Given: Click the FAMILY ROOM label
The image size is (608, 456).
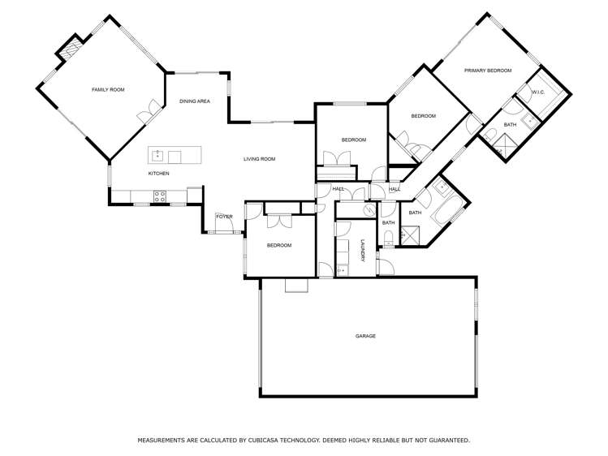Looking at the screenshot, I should click(108, 89).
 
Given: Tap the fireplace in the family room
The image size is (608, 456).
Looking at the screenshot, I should click(68, 50).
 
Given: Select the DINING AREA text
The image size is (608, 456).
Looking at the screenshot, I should click(195, 101).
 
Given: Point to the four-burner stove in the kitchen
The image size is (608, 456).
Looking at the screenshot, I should click(160, 195).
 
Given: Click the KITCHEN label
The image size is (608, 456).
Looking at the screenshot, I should click(158, 174).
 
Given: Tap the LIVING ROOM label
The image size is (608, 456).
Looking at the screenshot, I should click(259, 159).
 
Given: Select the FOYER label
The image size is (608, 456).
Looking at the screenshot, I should click(224, 217).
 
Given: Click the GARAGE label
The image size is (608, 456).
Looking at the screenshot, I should click(365, 336).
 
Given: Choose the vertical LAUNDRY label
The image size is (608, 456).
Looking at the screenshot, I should click(363, 255).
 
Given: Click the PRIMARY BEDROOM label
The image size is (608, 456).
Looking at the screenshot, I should click(488, 71).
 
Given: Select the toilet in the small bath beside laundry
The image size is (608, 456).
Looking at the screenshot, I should click(388, 238).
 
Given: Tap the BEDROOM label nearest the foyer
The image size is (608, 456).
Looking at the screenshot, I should click(278, 245).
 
